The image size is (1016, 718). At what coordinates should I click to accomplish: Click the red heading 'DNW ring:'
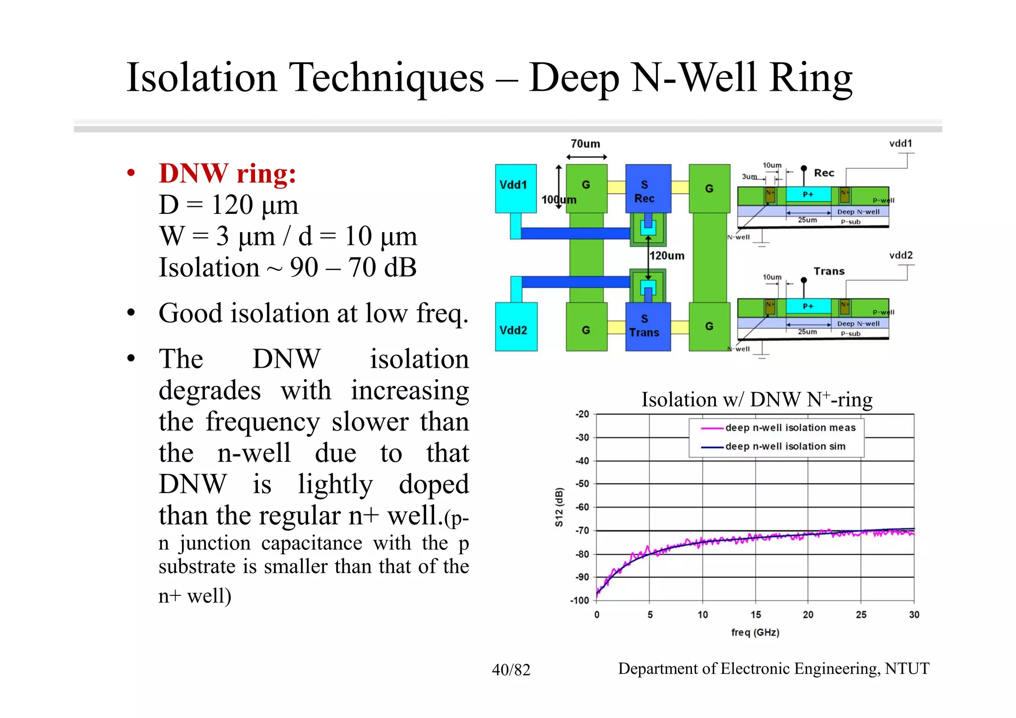[x=227, y=174]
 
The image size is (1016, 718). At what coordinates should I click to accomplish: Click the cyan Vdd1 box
[x=515, y=188]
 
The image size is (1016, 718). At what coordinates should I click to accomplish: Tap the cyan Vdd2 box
[x=515, y=327]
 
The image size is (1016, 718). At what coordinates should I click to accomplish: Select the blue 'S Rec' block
[x=647, y=189]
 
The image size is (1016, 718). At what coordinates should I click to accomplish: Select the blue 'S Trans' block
[x=647, y=326]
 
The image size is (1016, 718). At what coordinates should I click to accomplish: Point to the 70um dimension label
[x=585, y=144]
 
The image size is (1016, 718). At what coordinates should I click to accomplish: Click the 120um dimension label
[x=667, y=256]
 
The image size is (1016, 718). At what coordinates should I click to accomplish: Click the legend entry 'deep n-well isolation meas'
[x=790, y=428]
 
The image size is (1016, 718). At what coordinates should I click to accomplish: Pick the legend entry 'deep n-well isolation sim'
[x=785, y=447]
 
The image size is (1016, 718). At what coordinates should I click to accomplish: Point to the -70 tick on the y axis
[x=581, y=530]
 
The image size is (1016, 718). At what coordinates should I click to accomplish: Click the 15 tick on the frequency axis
[x=756, y=615]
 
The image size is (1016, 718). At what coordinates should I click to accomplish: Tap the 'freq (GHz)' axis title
[x=755, y=633]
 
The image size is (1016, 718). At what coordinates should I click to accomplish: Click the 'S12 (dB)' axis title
[x=559, y=507]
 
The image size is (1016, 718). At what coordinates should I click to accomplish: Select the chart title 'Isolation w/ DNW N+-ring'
[x=757, y=400]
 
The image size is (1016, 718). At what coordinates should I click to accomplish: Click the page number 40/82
[x=511, y=670]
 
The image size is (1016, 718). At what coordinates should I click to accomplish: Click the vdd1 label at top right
[x=900, y=143]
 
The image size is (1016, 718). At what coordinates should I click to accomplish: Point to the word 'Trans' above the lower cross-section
[x=829, y=271]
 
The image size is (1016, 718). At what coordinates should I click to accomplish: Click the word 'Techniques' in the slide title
[x=386, y=78]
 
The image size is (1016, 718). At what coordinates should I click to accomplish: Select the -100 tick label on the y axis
[x=579, y=600]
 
